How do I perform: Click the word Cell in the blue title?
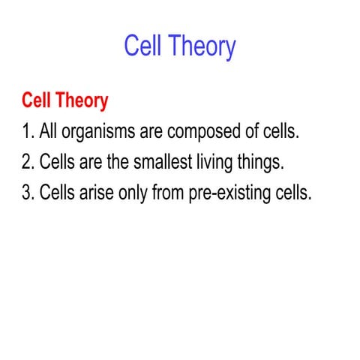145,47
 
